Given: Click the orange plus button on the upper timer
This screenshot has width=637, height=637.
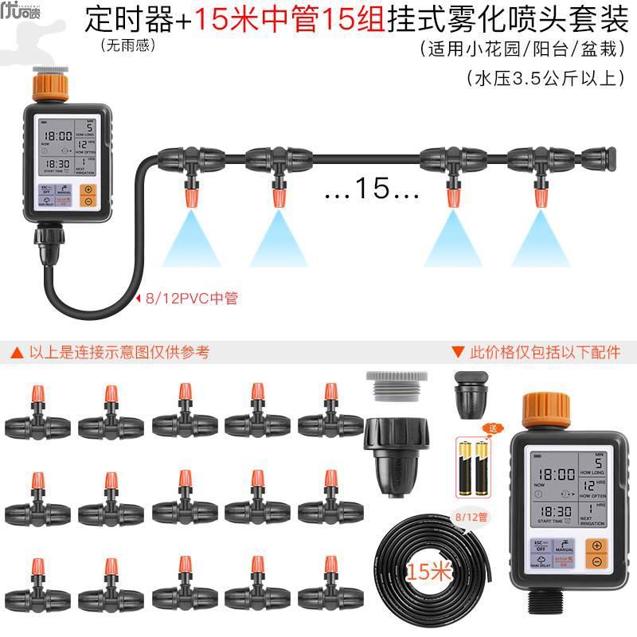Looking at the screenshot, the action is pyautogui.click(x=88, y=191).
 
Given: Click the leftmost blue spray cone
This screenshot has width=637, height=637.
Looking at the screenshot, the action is pyautogui.click(x=190, y=239).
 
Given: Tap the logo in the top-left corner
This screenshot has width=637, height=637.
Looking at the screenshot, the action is pyautogui.click(x=17, y=17).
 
